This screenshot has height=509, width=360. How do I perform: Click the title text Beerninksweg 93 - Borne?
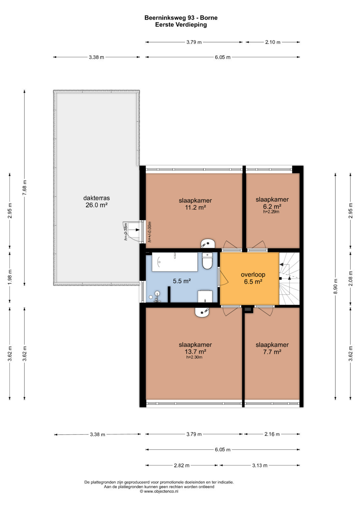coord(181,18)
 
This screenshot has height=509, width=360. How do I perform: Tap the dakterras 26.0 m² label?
coord(96,202)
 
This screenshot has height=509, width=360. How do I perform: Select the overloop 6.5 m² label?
coord(253,278)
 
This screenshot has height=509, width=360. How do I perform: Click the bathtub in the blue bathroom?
coord(175,262)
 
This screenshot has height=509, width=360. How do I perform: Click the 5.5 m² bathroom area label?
coord(182,281)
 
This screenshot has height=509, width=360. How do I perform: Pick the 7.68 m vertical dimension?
coord(25,188)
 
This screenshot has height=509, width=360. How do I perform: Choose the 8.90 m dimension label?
coord(335,286)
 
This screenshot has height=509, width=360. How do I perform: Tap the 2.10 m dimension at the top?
coord(273,42)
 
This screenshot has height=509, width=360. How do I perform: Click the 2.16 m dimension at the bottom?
coord(272,434)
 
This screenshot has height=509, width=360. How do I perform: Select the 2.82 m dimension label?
coord(182,465)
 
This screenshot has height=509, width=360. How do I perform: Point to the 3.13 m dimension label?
coord(260,465)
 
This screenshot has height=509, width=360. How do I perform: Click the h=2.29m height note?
coord(271,212)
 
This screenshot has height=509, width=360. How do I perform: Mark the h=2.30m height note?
coord(194,357)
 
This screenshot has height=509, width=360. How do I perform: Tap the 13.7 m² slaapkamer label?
coord(195,348)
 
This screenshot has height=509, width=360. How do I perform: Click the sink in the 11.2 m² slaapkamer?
coord(208,243)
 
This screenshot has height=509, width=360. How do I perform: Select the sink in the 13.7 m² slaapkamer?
coord(202,312)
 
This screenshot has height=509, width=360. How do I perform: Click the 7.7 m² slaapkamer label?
coord(272,348)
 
